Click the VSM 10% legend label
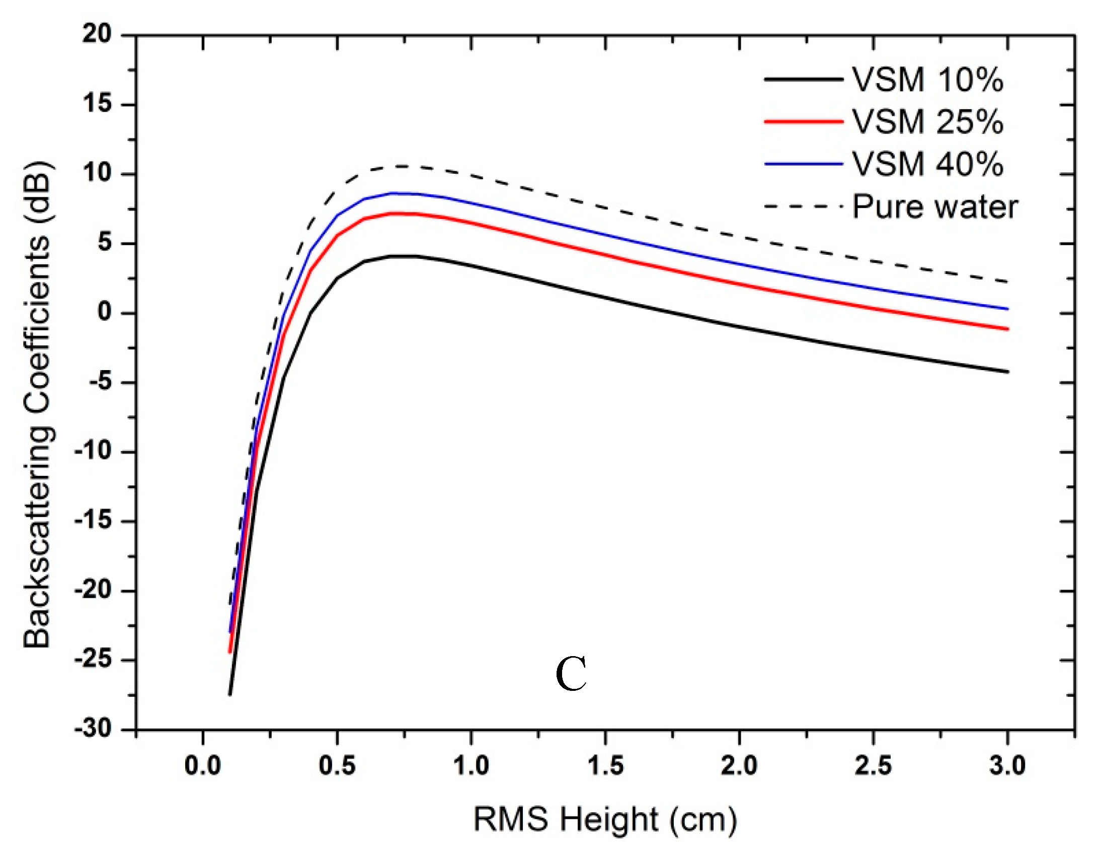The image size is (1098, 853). click(927, 80)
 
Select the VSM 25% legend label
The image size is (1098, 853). click(927, 122)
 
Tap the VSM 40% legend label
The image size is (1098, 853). click(927, 164)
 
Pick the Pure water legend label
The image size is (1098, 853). click(934, 207)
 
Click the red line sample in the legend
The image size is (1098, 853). click(803, 121)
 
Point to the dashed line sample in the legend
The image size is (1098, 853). click(803, 206)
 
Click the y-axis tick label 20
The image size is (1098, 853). click(97, 34)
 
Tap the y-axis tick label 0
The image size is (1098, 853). click(104, 312)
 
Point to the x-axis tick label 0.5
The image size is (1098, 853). click(337, 766)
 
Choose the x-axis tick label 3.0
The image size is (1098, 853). click(1007, 766)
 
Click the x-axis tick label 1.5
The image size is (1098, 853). click(605, 766)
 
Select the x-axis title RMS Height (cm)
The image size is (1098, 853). click(605, 819)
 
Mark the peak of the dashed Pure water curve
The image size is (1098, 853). click(403, 166)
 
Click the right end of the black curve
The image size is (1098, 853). click(1007, 372)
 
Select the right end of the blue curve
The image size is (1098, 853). click(1007, 309)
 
